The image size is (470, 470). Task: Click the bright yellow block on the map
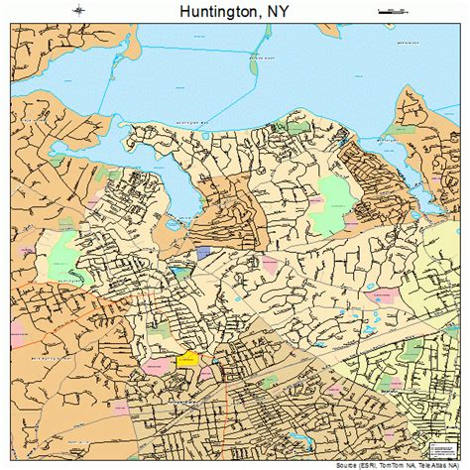(186, 361)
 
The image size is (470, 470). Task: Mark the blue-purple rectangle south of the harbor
(204, 254)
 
